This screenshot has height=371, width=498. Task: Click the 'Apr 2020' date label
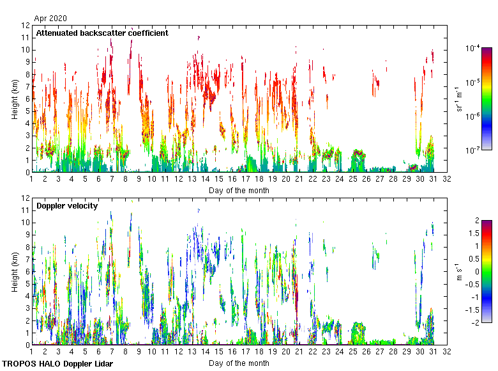[x=50, y=19]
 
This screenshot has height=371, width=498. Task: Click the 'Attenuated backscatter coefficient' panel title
[x=102, y=33]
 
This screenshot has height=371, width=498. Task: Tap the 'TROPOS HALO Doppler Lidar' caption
[x=57, y=364]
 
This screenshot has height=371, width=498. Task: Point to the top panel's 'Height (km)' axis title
[x=15, y=99]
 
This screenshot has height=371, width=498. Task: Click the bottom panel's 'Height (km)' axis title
[x=15, y=271]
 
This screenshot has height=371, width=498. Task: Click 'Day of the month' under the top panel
[x=239, y=190]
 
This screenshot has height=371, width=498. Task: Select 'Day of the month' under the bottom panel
[x=239, y=363]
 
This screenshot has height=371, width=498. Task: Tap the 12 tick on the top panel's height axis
[x=26, y=26]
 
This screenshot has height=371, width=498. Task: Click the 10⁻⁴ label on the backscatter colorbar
[x=473, y=48]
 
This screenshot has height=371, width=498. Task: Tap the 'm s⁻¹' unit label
[x=458, y=271]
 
